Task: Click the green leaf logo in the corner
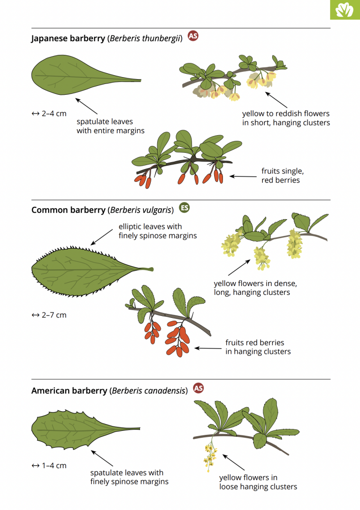click(x=345, y=10)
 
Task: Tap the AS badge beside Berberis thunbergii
click(x=193, y=36)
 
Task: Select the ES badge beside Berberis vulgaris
click(x=184, y=207)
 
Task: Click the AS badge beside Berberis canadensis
click(x=198, y=388)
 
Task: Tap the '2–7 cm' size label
click(x=49, y=315)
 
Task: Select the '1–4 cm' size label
click(x=49, y=465)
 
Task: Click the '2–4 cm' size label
click(x=49, y=113)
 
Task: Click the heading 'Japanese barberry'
click(x=68, y=38)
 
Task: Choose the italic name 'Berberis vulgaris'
click(x=141, y=210)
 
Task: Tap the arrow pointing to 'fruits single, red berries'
click(x=243, y=176)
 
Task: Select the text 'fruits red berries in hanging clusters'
click(x=258, y=347)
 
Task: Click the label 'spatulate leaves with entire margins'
click(x=111, y=126)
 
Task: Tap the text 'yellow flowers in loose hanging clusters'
click(x=258, y=482)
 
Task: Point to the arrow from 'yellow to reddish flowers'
click(x=277, y=100)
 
